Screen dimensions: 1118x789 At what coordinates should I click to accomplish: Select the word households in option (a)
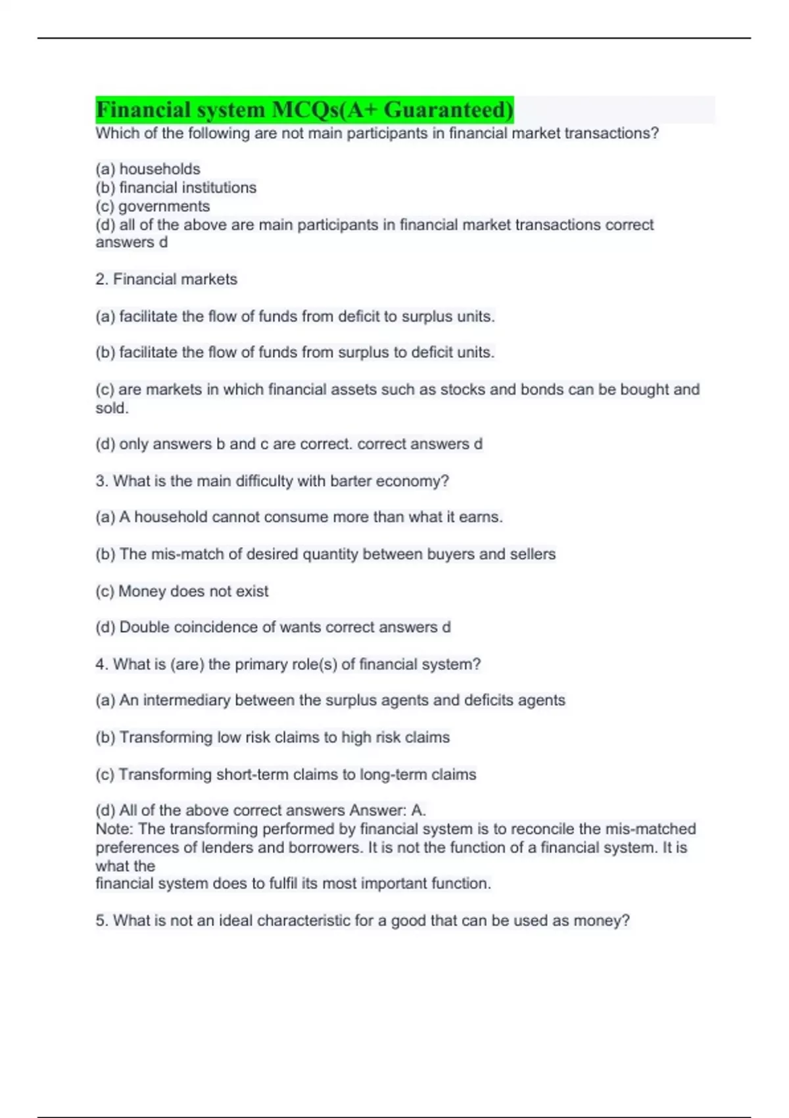[x=160, y=169]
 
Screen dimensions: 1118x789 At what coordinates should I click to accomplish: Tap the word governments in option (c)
[x=164, y=207]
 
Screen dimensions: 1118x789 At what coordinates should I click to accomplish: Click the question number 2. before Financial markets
[x=101, y=279]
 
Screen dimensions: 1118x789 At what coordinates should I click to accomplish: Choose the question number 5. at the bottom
[x=101, y=921]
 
